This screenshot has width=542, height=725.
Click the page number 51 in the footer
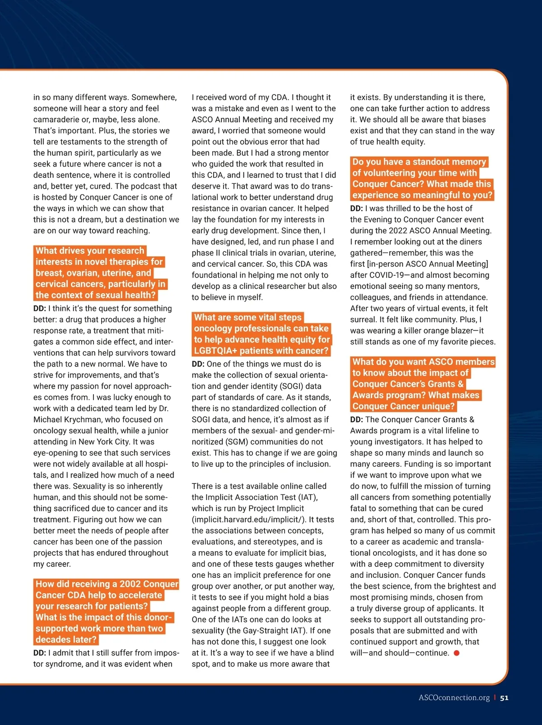click(505, 697)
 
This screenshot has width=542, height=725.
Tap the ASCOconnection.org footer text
click(454, 697)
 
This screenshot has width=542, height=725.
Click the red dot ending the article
click(457, 653)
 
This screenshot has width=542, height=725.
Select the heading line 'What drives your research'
click(90, 251)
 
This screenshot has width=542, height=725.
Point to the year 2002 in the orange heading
click(130, 584)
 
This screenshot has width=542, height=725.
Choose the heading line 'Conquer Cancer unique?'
click(403, 406)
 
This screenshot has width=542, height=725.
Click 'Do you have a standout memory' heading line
click(419, 162)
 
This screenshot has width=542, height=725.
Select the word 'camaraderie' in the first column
click(56, 119)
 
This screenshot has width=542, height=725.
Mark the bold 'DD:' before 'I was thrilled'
click(356, 208)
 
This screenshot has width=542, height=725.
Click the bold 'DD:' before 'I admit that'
click(40, 653)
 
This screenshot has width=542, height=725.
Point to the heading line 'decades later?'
click(66, 639)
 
